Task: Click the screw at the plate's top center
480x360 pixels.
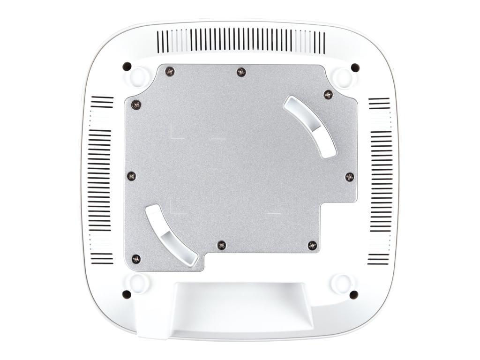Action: tap(241, 72)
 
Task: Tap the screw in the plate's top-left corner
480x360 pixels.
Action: tap(170, 71)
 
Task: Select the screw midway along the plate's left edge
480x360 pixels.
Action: tap(132, 176)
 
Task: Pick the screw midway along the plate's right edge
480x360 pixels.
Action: tap(350, 177)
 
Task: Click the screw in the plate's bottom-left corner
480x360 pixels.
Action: tap(136, 259)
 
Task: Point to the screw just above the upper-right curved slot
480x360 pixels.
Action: tap(328, 94)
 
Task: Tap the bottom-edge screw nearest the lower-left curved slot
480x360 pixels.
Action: tap(222, 245)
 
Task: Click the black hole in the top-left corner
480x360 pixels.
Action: tap(127, 67)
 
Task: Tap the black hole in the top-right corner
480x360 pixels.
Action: tap(355, 67)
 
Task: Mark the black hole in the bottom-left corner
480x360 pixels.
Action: tap(127, 294)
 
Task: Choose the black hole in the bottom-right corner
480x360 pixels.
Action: tap(354, 295)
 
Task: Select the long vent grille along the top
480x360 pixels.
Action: tap(240, 41)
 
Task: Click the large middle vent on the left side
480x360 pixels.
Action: tap(100, 180)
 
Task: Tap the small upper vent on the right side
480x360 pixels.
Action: tap(379, 103)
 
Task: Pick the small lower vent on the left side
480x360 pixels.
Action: tap(102, 258)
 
